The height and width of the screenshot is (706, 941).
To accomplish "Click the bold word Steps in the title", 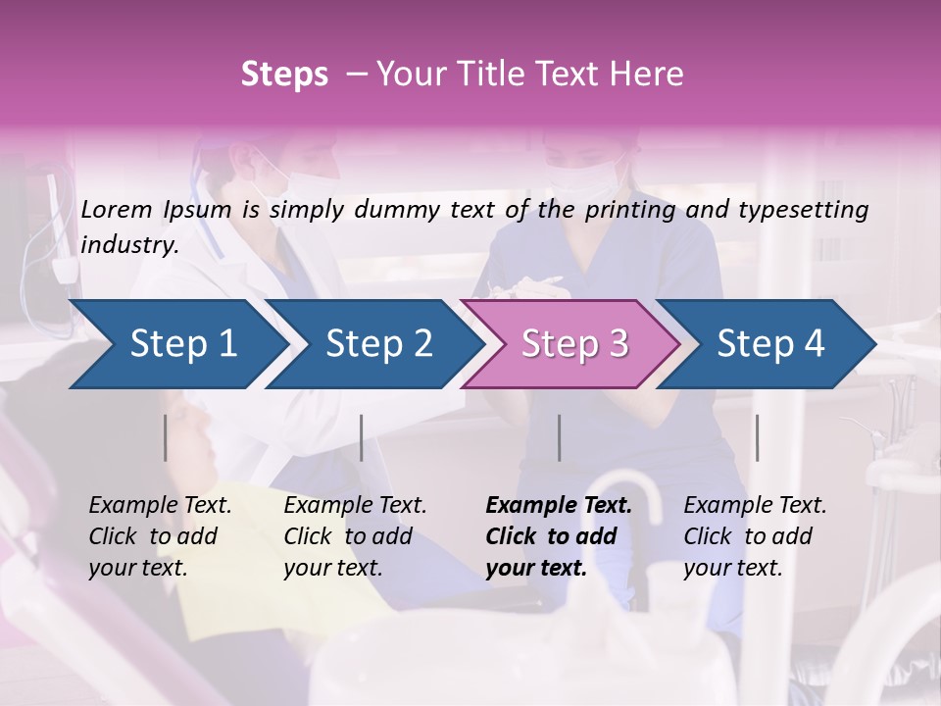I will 284,75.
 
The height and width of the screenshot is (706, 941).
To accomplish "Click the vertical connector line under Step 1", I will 166,437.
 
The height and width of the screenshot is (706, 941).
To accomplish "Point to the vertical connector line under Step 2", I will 362,437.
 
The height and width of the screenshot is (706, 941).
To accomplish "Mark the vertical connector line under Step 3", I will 559,437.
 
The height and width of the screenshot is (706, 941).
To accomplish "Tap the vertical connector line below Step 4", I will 757,437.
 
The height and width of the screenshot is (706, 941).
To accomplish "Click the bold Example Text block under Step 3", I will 559,536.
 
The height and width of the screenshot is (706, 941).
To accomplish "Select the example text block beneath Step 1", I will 160,536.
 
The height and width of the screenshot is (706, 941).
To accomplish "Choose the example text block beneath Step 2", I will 355,536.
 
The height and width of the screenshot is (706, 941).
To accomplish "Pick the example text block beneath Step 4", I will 755,536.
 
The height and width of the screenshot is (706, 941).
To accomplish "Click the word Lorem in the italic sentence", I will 116,210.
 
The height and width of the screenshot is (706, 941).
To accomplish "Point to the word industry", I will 129,245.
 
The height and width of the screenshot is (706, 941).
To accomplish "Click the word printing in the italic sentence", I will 628,210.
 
